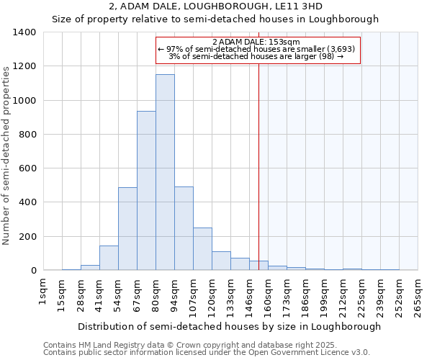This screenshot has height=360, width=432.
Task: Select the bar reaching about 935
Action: pos(146,191)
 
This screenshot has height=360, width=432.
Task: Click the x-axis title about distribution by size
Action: pos(229,326)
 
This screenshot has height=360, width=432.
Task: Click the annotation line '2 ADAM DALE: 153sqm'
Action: pos(256,42)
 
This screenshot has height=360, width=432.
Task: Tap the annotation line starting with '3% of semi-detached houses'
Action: pos(256,56)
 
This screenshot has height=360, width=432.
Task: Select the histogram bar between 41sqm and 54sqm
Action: pos(109,258)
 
